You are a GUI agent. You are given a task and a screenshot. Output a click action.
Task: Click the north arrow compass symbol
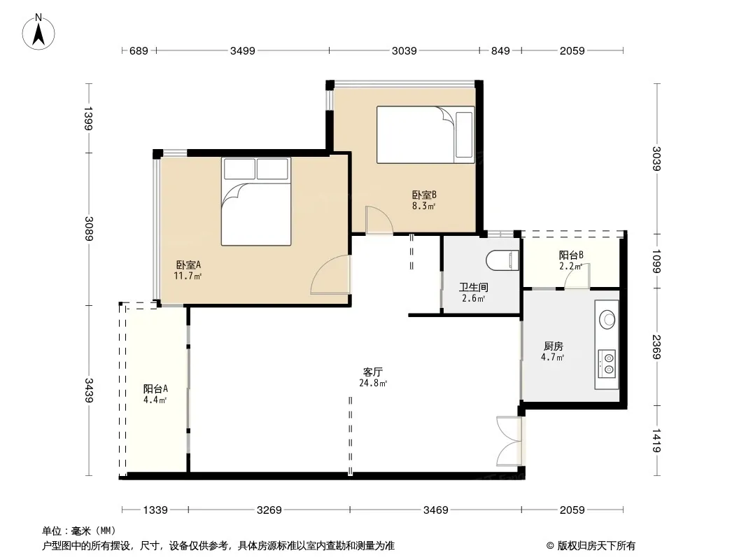point(38,32)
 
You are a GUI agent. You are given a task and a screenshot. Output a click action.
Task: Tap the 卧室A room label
point(188,265)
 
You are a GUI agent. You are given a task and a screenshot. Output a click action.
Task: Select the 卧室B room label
point(424,195)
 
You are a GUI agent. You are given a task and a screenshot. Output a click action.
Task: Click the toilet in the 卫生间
point(502,260)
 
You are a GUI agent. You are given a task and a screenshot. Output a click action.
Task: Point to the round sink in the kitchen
point(607,319)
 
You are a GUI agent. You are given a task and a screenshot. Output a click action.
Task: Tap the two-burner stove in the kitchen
point(607,364)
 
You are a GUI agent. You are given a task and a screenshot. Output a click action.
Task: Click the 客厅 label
point(372,372)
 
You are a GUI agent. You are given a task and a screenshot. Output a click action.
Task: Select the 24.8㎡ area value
point(373,383)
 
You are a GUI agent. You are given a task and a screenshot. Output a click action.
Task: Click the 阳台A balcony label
point(155,388)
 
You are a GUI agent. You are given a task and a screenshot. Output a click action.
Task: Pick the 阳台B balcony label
point(571,255)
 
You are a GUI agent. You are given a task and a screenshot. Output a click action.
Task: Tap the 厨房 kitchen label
point(553,346)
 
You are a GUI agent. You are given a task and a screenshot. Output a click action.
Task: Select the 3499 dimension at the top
point(243,50)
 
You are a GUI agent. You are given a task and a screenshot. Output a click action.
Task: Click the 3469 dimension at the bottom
point(436,510)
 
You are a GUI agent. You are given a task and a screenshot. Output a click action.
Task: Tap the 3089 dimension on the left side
point(89,229)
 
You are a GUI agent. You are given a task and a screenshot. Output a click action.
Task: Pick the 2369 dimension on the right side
point(656,346)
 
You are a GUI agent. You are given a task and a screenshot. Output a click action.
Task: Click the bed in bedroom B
point(425,134)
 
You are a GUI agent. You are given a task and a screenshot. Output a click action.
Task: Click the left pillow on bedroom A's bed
point(240,169)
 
